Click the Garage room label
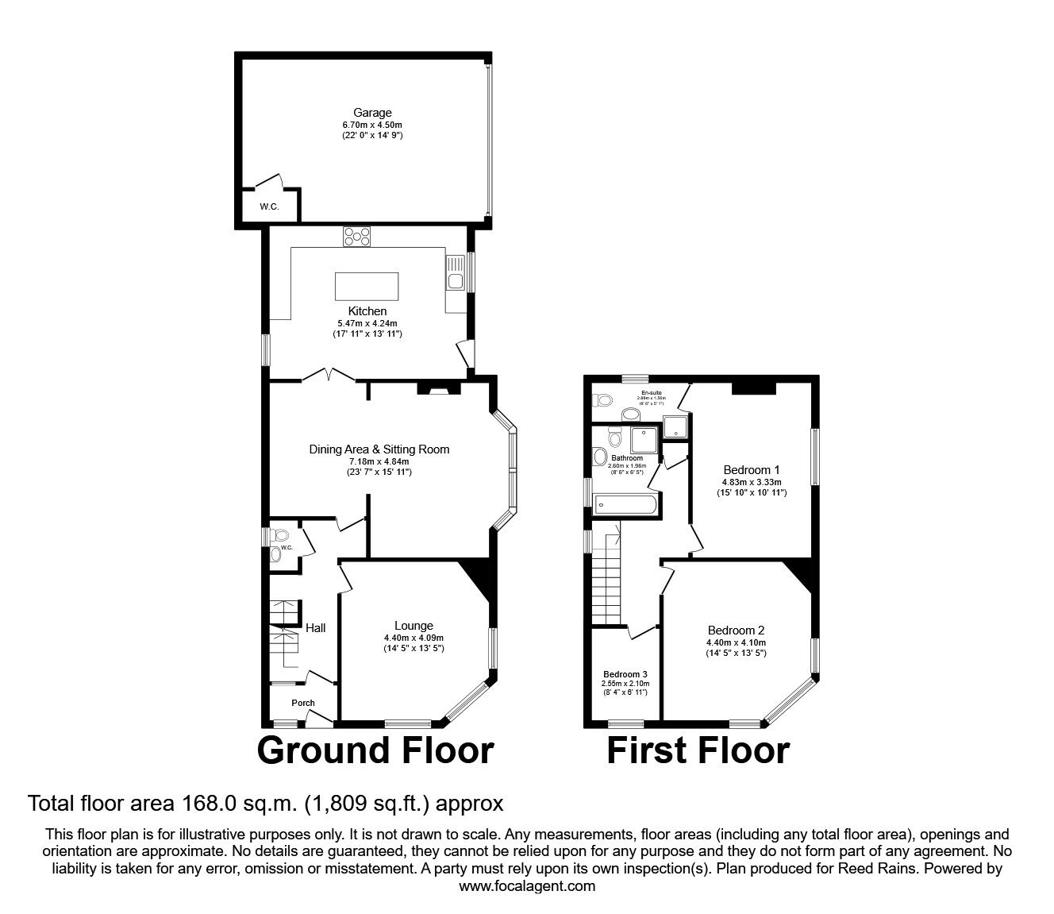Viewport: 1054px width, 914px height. tap(372, 113)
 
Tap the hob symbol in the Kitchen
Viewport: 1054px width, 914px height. tap(357, 235)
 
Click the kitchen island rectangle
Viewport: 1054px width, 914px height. tap(367, 284)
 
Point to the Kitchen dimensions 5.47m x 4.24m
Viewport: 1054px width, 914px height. tap(367, 323)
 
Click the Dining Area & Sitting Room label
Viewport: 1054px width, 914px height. tap(379, 449)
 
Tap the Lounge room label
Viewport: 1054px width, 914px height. tap(414, 626)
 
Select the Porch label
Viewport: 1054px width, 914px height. tap(303, 703)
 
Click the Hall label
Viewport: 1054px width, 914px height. tap(316, 628)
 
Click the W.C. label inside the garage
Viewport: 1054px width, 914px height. tap(269, 207)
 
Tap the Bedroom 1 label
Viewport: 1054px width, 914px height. tap(751, 469)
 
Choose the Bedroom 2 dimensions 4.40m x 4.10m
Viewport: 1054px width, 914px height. tap(736, 642)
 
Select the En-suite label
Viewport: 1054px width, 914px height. tap(652, 392)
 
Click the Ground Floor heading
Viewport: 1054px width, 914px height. tap(375, 750)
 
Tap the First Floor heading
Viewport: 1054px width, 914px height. tap(698, 750)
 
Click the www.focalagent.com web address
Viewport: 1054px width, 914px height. tap(527, 886)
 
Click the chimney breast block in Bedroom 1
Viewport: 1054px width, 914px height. tap(753, 387)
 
